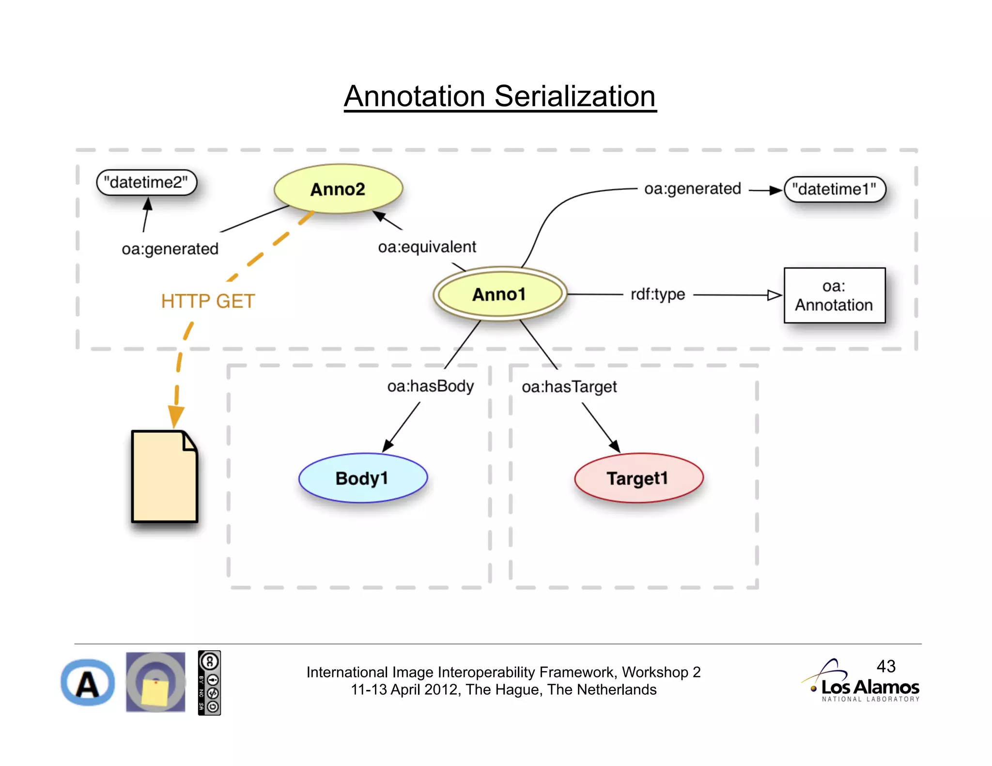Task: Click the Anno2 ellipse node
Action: pyautogui.click(x=338, y=189)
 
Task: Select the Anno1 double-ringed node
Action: pyautogui.click(x=499, y=294)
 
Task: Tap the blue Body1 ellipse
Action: pyautogui.click(x=363, y=478)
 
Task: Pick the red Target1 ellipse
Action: pyautogui.click(x=638, y=478)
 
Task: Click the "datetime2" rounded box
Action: pyautogui.click(x=146, y=183)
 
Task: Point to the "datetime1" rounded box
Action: pyautogui.click(x=834, y=189)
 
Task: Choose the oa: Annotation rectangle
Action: pyautogui.click(x=834, y=295)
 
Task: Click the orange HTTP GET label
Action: pyautogui.click(x=208, y=301)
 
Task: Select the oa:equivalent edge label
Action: pyautogui.click(x=427, y=247)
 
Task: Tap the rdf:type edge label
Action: pyautogui.click(x=657, y=294)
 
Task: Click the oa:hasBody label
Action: pyautogui.click(x=430, y=386)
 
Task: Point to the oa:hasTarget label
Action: pyautogui.click(x=569, y=387)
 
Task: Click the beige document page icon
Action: pyautogui.click(x=164, y=477)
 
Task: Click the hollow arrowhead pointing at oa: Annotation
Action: pyautogui.click(x=774, y=295)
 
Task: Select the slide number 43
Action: pyautogui.click(x=886, y=666)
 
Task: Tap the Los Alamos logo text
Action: pyautogui.click(x=870, y=687)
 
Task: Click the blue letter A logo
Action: pyautogui.click(x=88, y=683)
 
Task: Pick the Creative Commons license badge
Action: pyautogui.click(x=209, y=683)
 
